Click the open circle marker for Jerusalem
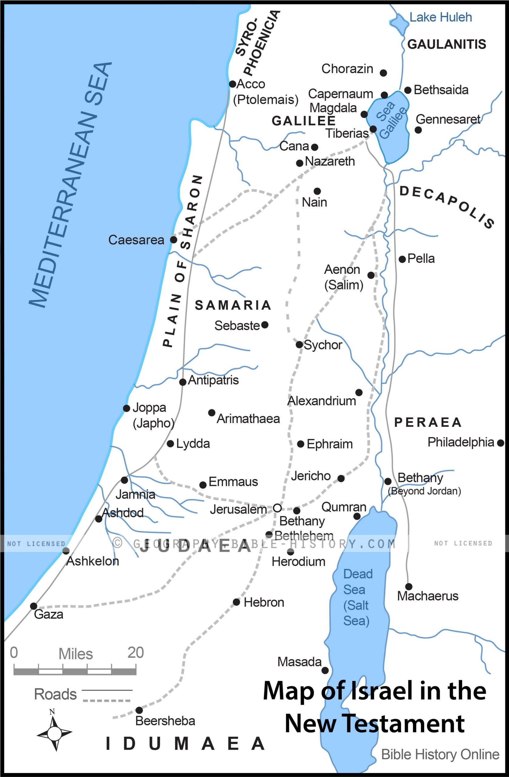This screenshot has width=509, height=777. point(277,508)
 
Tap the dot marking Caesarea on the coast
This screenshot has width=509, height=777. point(174,240)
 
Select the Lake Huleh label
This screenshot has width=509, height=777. point(440,17)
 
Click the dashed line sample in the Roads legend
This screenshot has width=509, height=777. point(107,700)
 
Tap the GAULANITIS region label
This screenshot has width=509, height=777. point(446,44)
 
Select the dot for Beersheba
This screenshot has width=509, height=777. point(139,710)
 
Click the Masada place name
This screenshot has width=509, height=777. point(299,662)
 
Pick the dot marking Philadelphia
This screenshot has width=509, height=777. point(501,443)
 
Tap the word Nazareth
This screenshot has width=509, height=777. point(330,161)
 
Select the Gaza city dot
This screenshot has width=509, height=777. point(33,606)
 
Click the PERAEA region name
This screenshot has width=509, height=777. point(428,422)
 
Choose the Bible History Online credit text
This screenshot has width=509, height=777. point(440,754)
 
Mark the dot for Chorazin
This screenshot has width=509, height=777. point(383,73)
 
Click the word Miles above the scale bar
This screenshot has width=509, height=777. point(75,654)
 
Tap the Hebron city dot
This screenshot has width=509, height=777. point(236,602)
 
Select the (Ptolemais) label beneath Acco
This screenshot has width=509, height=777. point(266,100)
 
